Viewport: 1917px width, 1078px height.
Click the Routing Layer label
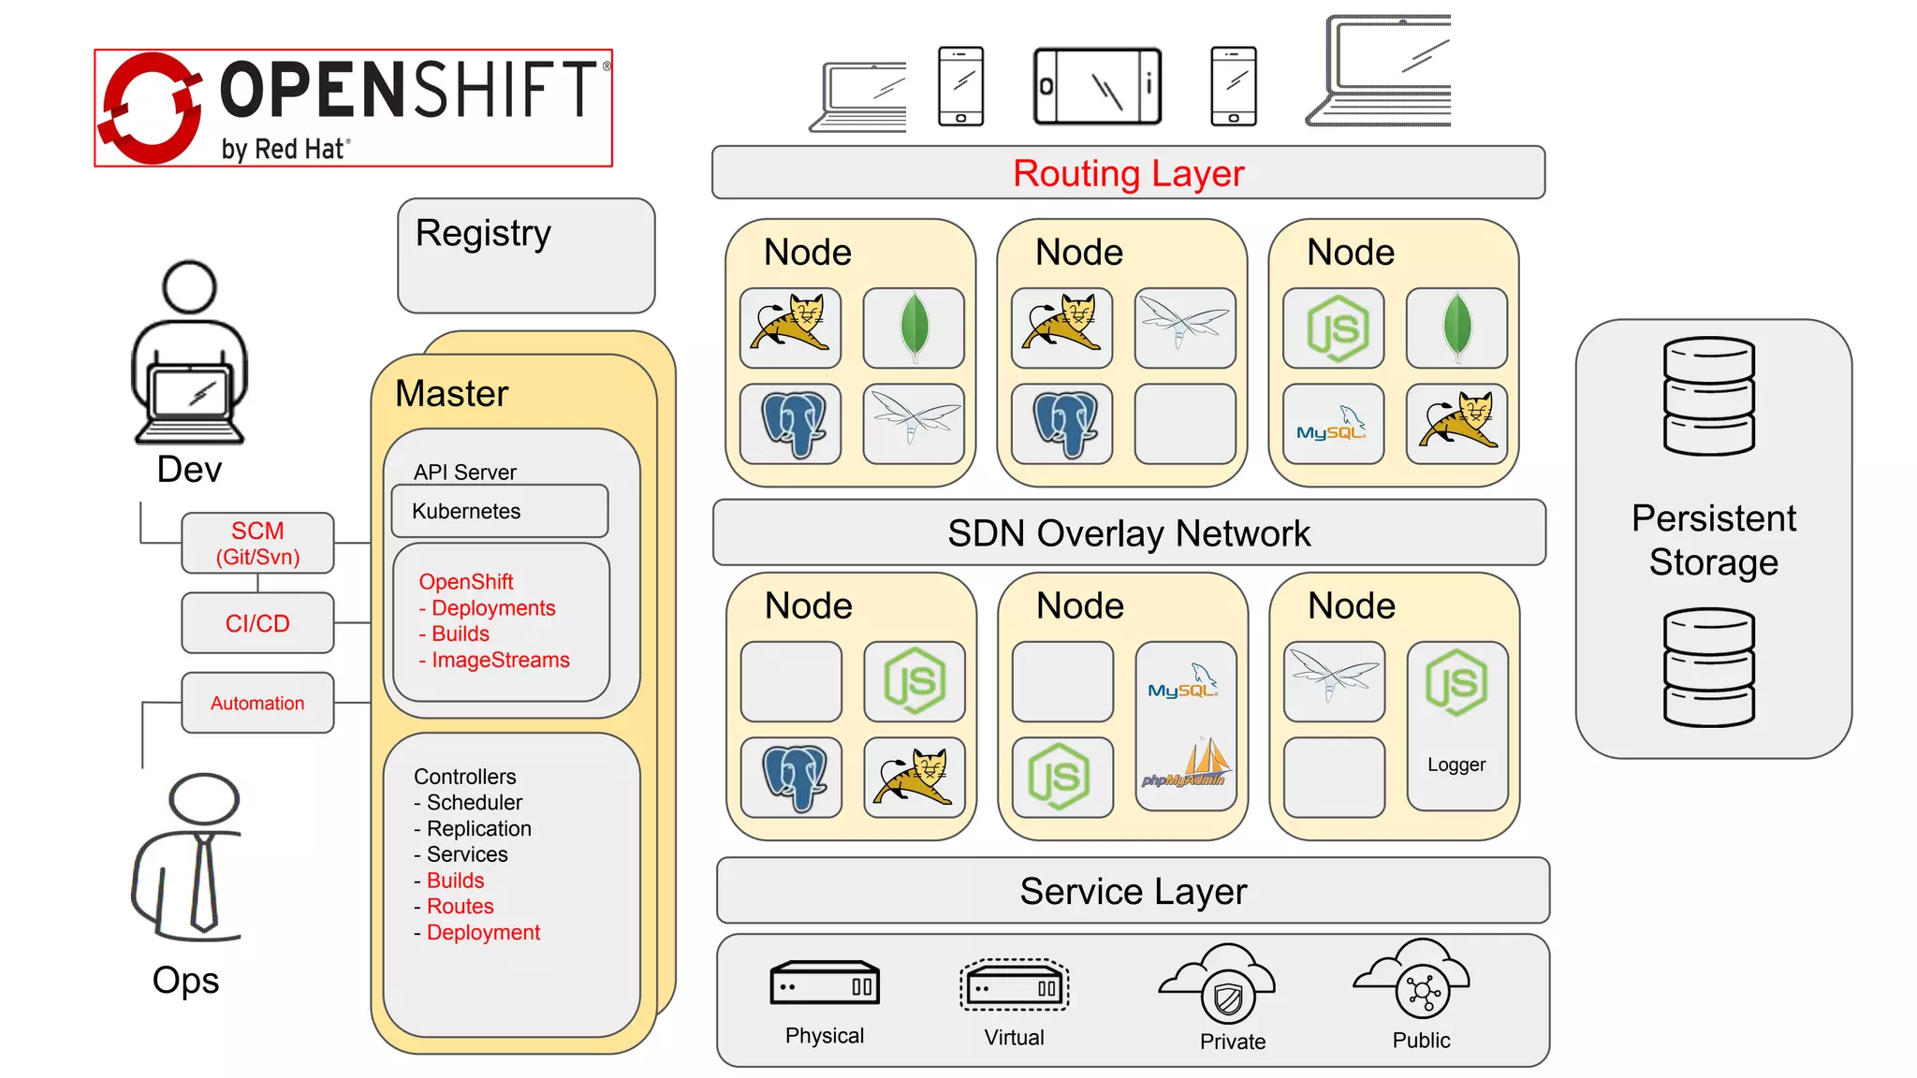(1128, 174)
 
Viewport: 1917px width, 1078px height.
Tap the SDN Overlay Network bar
(1128, 533)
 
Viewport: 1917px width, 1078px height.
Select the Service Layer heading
(1133, 892)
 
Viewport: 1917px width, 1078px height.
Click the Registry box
(526, 255)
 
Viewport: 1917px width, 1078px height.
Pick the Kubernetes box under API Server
(499, 511)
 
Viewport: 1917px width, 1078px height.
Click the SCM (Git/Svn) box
(257, 544)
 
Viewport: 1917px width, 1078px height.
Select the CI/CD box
(257, 623)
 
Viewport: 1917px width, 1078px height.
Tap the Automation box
(257, 703)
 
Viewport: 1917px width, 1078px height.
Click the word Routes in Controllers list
(460, 907)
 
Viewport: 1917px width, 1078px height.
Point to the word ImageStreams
(500, 661)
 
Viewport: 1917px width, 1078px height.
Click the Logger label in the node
(1456, 765)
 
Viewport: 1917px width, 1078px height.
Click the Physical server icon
(825, 983)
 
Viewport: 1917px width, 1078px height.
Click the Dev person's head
(190, 287)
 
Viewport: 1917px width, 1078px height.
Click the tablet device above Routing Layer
(1097, 87)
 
